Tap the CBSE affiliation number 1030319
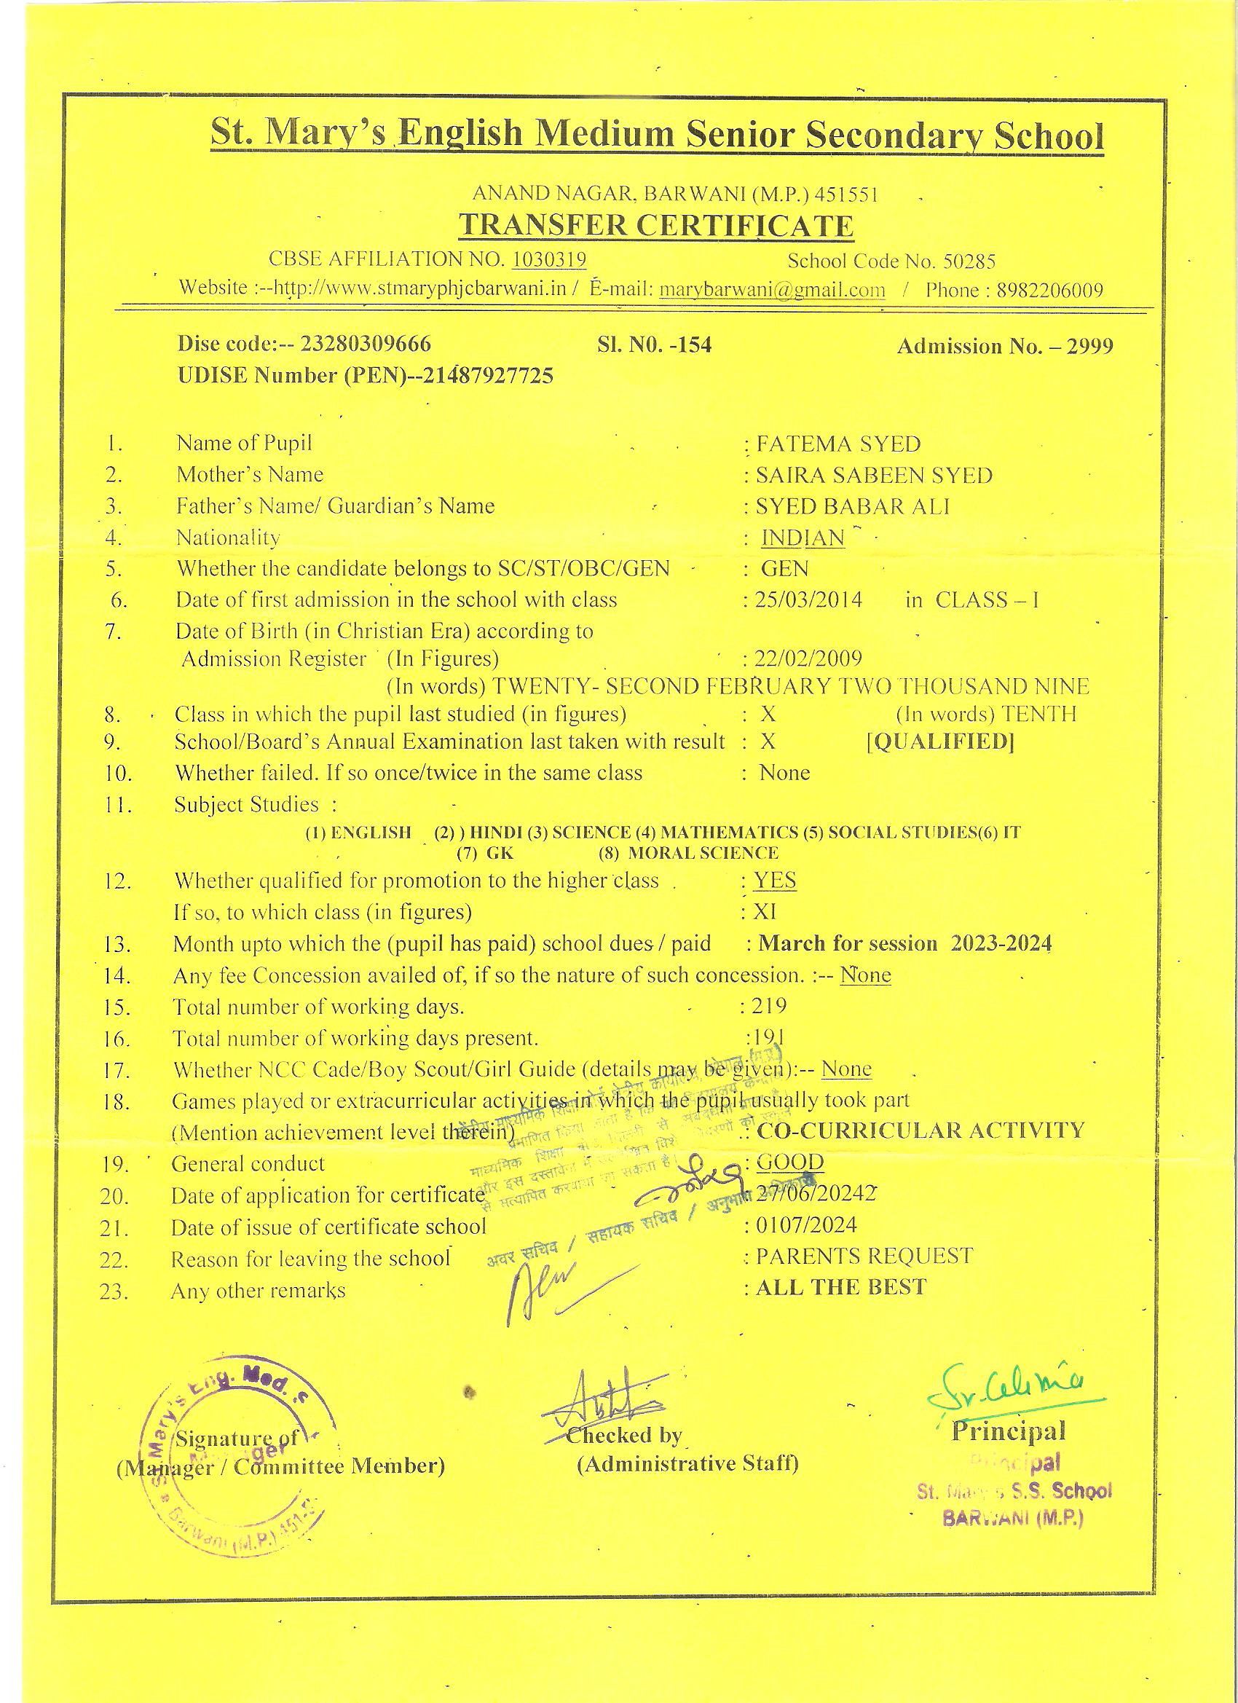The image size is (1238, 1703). (x=549, y=260)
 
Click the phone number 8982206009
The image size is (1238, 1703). (x=1049, y=291)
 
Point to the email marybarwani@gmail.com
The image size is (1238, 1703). (x=772, y=291)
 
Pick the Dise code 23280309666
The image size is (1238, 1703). (x=366, y=345)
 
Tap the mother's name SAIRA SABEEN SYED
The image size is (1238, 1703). (x=874, y=476)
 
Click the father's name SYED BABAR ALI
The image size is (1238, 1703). (x=852, y=507)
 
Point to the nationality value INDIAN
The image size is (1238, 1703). (x=803, y=538)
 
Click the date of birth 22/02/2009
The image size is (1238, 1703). (x=808, y=659)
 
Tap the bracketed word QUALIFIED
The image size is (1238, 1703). (x=940, y=742)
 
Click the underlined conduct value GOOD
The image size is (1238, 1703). (x=790, y=1163)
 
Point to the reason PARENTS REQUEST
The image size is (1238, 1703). (x=864, y=1256)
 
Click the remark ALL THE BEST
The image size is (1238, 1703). (x=841, y=1287)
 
